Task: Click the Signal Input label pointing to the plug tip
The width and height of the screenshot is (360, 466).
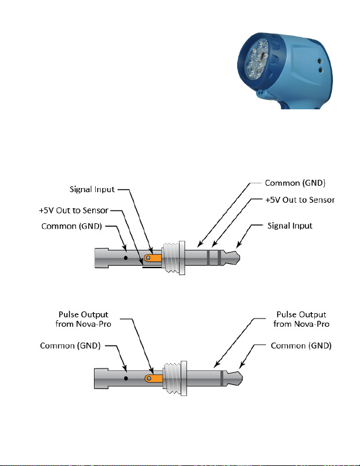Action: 290,226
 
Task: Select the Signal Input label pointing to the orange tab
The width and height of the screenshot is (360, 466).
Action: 92,190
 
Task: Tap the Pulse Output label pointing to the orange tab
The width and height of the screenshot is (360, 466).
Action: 83,319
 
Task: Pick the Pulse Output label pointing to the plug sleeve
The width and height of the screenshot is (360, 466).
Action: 301,319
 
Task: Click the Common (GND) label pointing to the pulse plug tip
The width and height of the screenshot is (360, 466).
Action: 301,346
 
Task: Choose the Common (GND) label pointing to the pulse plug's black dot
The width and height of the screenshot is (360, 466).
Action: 70,346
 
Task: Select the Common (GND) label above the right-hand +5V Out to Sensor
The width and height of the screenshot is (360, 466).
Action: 295,183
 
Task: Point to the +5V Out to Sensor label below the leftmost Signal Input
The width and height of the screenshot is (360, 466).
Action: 73,210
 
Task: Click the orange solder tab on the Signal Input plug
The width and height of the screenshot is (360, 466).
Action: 153,258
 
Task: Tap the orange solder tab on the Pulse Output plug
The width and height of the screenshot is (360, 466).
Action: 154,378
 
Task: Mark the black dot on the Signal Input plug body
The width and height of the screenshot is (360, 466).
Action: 126,258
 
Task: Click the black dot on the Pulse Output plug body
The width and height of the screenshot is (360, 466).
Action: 126,378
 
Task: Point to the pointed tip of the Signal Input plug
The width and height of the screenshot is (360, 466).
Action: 240,258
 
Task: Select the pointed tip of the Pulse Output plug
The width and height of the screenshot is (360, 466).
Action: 243,378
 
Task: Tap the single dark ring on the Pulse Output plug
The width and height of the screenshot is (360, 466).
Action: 221,378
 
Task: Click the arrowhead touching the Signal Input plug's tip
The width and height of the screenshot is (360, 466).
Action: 239,244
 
